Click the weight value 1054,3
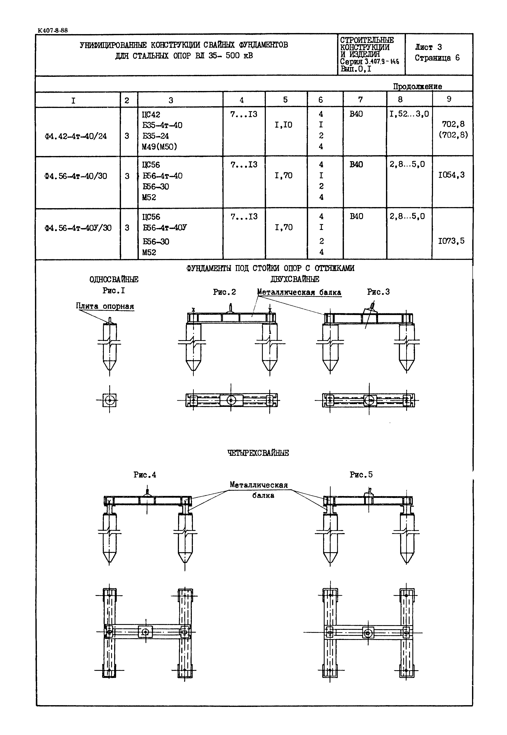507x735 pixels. pos(451,175)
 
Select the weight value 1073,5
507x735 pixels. pos(451,241)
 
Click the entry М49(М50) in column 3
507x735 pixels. pos(159,147)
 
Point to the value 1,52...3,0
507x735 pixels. pos(409,114)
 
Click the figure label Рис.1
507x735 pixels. pos(114,291)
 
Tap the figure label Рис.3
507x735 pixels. pos(378,292)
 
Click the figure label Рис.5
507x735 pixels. pos(361,474)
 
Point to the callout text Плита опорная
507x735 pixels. pos(105,306)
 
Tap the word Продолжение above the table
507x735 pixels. pos(417,86)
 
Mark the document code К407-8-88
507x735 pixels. pos(52,30)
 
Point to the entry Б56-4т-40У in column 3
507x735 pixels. pos(165,228)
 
